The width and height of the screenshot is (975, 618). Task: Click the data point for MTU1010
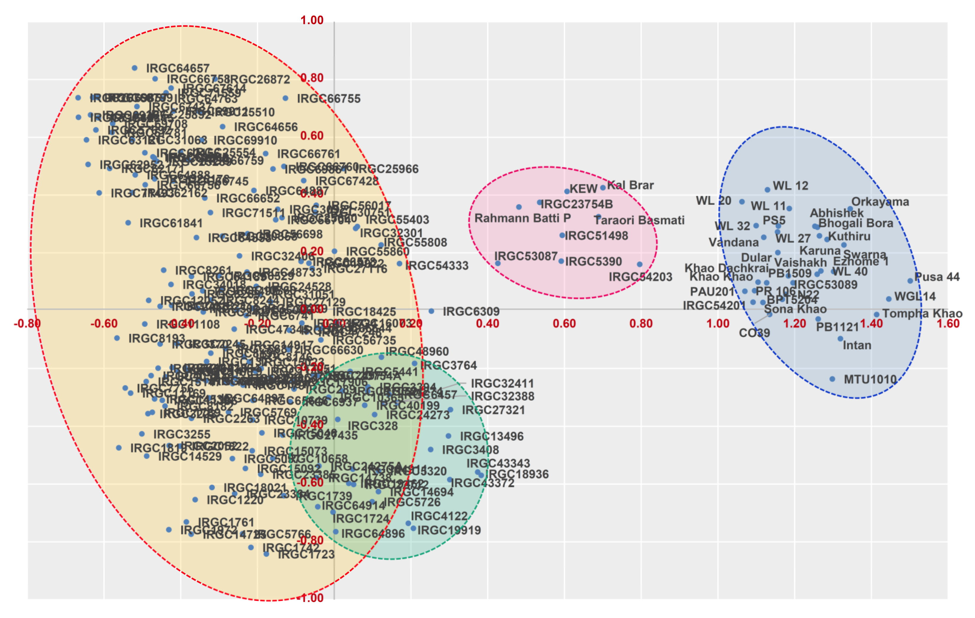tap(832, 379)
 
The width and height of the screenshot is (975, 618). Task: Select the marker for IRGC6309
tap(432, 311)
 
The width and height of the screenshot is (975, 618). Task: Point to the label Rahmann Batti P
tap(522, 218)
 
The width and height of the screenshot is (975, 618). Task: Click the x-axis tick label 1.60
tap(948, 324)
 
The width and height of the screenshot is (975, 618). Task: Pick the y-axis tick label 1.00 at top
tap(312, 20)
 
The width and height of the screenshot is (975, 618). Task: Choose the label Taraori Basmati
tap(639, 220)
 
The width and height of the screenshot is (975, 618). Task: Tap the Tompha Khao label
tap(922, 314)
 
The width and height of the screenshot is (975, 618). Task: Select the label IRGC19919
tap(449, 530)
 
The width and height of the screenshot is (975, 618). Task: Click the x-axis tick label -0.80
tap(27, 324)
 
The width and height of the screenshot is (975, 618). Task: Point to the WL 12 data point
tap(767, 189)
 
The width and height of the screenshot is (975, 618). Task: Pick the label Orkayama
tap(880, 202)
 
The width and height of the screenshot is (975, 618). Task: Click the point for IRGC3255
tap(142, 434)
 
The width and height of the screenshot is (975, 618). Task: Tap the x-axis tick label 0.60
tap(564, 324)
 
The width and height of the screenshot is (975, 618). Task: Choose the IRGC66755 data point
tap(286, 98)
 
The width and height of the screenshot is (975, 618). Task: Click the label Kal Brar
tap(631, 185)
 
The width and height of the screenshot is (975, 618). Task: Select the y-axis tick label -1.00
tap(311, 598)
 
